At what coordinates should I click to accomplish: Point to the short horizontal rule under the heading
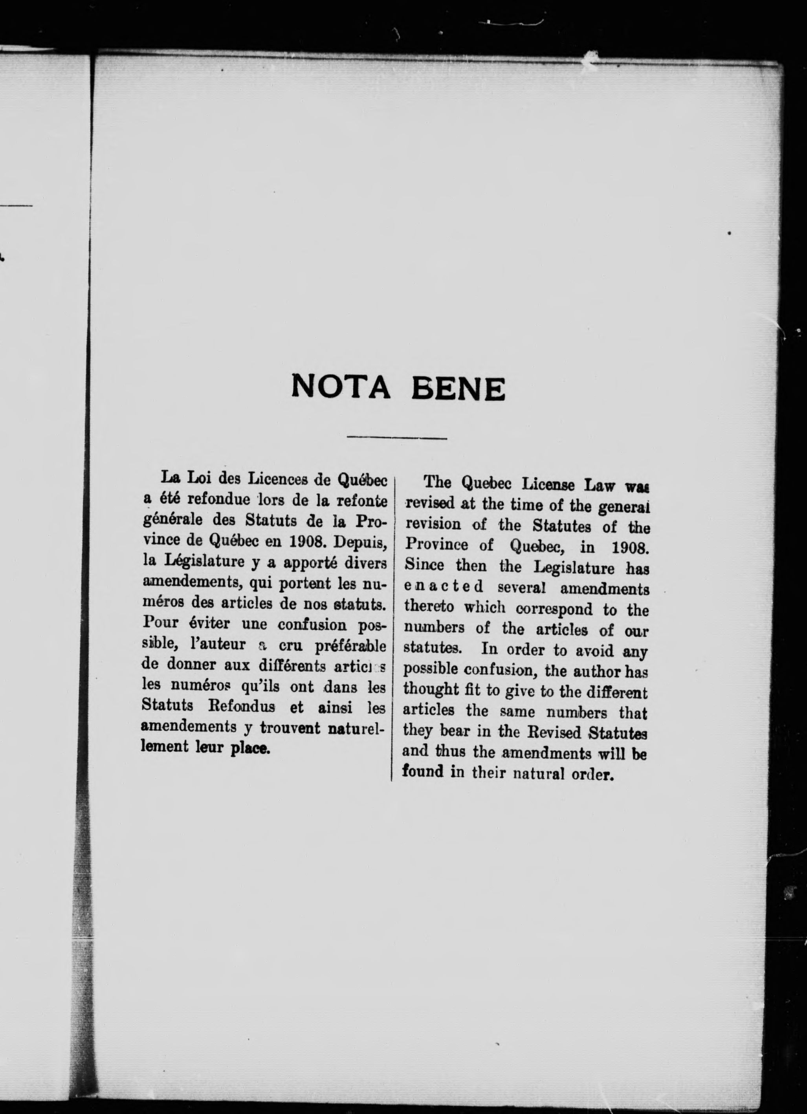(x=397, y=437)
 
